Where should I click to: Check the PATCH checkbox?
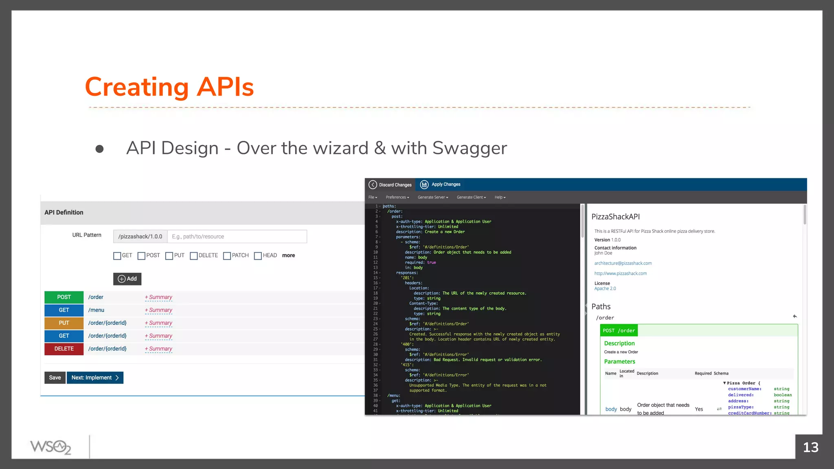(227, 256)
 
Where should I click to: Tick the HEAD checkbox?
(258, 256)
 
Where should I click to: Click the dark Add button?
(127, 279)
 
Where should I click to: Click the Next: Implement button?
(95, 378)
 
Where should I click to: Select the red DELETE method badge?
(64, 349)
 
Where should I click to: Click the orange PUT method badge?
(64, 323)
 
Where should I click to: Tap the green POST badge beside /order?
(64, 297)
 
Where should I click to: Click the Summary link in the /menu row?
(159, 310)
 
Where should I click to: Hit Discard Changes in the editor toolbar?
(390, 185)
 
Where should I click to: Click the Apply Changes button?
(441, 184)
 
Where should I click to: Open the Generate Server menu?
(432, 197)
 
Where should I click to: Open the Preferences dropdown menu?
(397, 197)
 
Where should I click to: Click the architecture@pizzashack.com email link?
(623, 263)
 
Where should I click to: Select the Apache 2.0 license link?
(605, 289)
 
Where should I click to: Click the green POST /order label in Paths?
(619, 331)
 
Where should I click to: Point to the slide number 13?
(810, 447)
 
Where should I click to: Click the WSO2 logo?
(50, 447)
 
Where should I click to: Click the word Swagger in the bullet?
(470, 148)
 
